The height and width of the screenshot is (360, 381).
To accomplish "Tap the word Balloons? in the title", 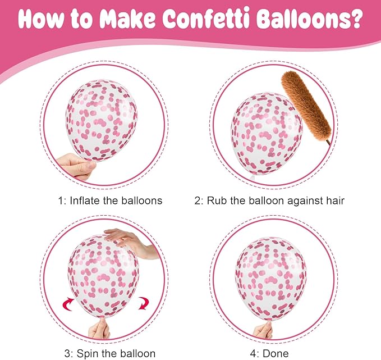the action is point(309,19).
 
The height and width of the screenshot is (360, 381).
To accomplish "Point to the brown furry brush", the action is point(306,107).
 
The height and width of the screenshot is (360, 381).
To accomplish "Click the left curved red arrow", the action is point(68,304).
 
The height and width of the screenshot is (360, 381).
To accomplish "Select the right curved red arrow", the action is point(143,303).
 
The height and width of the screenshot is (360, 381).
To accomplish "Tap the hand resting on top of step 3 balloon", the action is point(132,243).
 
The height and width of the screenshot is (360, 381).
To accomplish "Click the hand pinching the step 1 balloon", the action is point(76,166).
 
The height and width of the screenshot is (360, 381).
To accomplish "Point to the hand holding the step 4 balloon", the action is point(263,330).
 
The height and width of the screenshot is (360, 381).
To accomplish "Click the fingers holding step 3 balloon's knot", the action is point(99,329).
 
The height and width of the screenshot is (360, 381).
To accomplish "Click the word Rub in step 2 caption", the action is point(217,200).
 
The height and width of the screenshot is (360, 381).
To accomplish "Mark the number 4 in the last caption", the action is point(253,353).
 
